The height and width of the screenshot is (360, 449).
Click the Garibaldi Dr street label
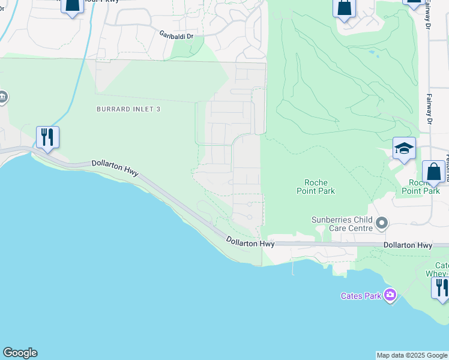(x=176, y=36)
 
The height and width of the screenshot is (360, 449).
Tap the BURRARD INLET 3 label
(x=129, y=109)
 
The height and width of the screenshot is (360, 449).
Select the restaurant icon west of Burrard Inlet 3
(x=47, y=137)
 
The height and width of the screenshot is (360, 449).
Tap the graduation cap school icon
(x=404, y=148)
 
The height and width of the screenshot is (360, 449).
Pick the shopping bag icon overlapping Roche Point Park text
(x=433, y=172)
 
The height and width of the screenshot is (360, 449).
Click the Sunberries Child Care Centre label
(x=342, y=224)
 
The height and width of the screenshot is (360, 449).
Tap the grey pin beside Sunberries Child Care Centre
(x=381, y=224)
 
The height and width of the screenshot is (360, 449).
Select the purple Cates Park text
(x=361, y=296)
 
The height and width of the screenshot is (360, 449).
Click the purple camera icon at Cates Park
(x=390, y=295)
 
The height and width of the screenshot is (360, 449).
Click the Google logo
(x=20, y=353)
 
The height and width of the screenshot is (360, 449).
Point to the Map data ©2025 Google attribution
(x=412, y=355)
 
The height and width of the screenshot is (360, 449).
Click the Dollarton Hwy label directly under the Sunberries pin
(x=408, y=245)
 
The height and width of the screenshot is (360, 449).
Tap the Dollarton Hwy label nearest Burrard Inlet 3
(x=115, y=167)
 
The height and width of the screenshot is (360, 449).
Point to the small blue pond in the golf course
(x=374, y=53)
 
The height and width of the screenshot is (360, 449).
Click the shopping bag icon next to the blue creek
(x=71, y=5)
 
